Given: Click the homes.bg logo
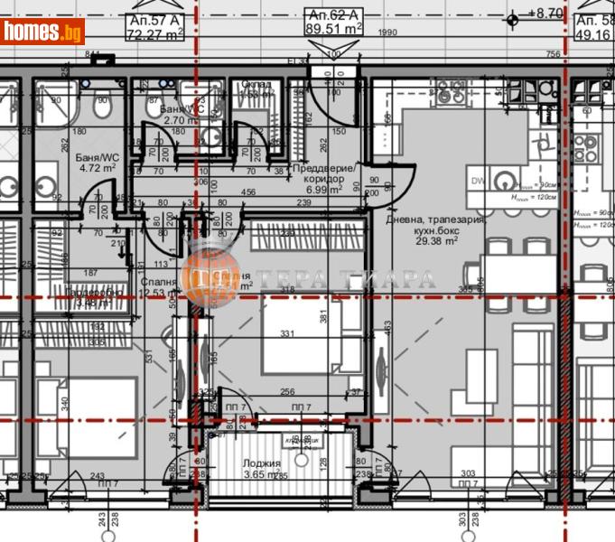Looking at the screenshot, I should tap(42, 32).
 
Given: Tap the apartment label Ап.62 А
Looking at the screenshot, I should tap(334, 15).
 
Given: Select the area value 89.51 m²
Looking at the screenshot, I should tap(334, 28).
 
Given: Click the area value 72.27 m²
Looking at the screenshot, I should tap(154, 33).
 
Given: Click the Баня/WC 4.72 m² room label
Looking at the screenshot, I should tap(97, 162).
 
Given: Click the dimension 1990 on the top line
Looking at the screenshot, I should tap(388, 33).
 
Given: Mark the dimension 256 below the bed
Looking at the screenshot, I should tap(288, 392).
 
